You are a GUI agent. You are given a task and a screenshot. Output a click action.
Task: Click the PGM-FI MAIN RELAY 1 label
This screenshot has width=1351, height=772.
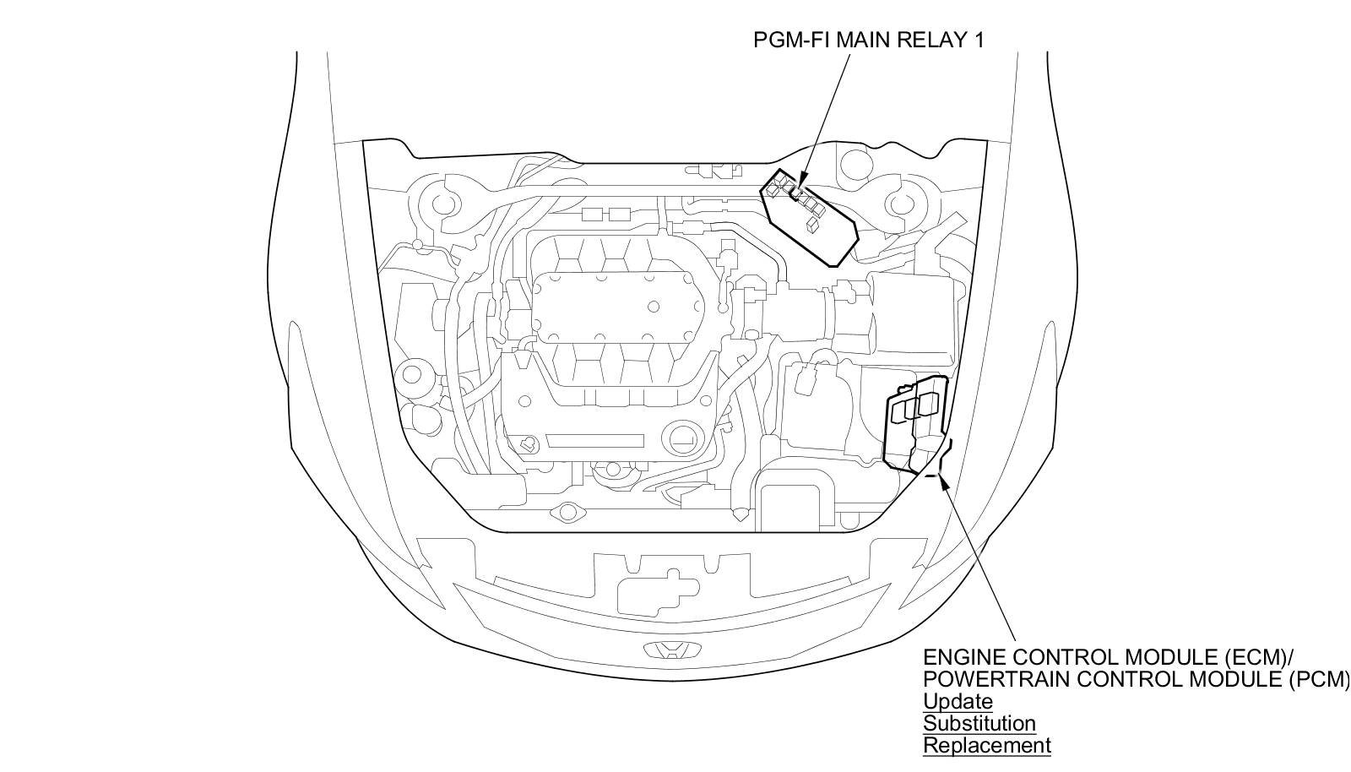point(869,40)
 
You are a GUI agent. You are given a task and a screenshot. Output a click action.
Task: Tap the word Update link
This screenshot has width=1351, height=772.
point(958,701)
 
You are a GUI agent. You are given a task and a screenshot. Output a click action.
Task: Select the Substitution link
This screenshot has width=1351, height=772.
point(979,723)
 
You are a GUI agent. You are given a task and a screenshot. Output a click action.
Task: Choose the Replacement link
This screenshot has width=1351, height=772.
point(986,745)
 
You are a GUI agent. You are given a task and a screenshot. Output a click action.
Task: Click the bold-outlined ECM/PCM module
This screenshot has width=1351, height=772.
point(915,422)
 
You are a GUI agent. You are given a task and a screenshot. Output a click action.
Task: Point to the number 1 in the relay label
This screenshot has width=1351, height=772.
point(978,40)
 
